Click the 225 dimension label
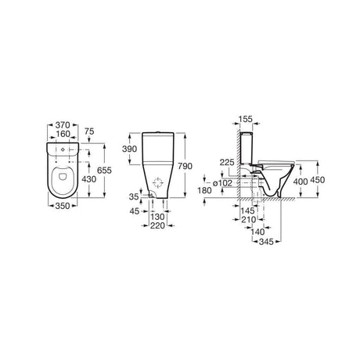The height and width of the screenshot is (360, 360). pyautogui.click(x=227, y=163)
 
